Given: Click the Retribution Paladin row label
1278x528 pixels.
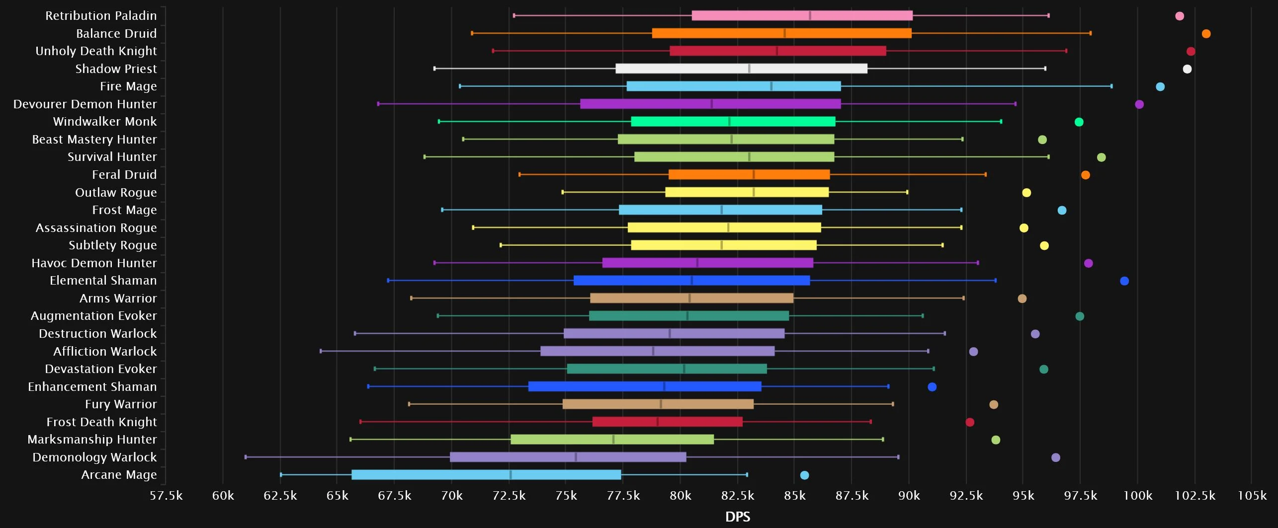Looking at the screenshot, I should click(101, 16).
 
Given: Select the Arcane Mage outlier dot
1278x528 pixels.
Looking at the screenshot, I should click(804, 475).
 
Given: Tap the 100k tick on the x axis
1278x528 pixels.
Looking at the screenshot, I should click(1137, 496).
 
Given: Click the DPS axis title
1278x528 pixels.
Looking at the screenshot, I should click(738, 517).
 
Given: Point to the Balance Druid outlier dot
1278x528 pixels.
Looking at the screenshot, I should click(1206, 34).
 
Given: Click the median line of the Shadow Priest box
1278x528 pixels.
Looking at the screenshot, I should click(749, 69).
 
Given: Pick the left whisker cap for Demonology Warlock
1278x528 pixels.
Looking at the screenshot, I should click(246, 457).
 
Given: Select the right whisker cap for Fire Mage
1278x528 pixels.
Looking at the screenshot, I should click(1111, 86).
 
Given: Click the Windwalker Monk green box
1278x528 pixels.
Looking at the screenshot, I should click(733, 122).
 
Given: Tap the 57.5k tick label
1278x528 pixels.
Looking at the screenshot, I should click(166, 496).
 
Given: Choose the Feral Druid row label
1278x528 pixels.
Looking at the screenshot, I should click(124, 175).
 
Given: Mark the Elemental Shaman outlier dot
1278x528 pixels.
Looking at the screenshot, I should click(1124, 281).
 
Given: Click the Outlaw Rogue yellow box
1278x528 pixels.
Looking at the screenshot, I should click(747, 192).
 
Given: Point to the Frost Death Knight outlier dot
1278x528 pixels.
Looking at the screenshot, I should click(970, 422).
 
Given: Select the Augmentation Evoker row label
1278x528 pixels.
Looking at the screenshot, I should click(93, 316).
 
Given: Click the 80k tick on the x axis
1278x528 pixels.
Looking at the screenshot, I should click(680, 496).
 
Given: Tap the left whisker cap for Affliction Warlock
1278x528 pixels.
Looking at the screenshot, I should click(321, 351).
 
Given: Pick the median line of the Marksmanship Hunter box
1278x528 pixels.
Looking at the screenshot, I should click(613, 440).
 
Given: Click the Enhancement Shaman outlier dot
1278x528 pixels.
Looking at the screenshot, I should click(932, 387).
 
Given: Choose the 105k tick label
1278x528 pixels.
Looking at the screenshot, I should click(1252, 496).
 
